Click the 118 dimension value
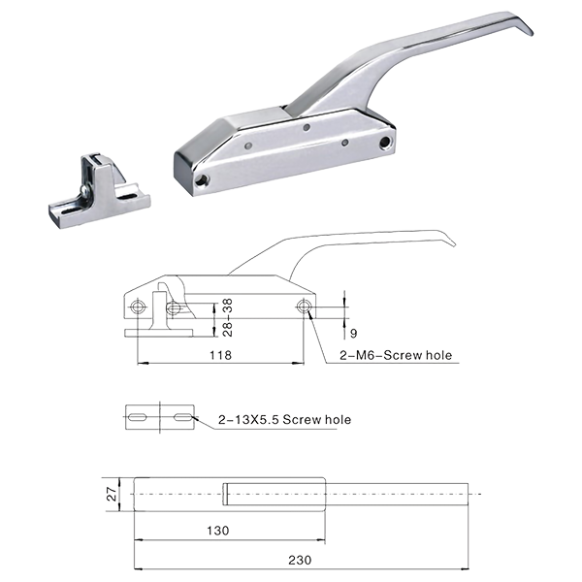(x=220, y=355)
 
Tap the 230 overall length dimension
(x=300, y=560)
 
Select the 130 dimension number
(x=218, y=531)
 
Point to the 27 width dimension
(x=112, y=495)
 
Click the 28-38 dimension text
(x=228, y=317)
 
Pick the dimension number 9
(x=353, y=334)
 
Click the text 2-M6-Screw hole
(x=396, y=355)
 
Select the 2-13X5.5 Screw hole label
(x=284, y=419)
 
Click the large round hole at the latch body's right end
(x=385, y=142)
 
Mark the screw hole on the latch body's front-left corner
(x=203, y=180)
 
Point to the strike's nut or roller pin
(x=84, y=190)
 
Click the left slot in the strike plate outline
(x=138, y=417)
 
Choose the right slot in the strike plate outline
(x=183, y=417)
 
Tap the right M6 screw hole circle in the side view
(x=305, y=307)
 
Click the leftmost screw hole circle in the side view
(x=138, y=307)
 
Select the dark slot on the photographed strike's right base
(x=127, y=196)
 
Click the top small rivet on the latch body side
(x=307, y=127)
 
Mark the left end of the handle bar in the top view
(x=225, y=494)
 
